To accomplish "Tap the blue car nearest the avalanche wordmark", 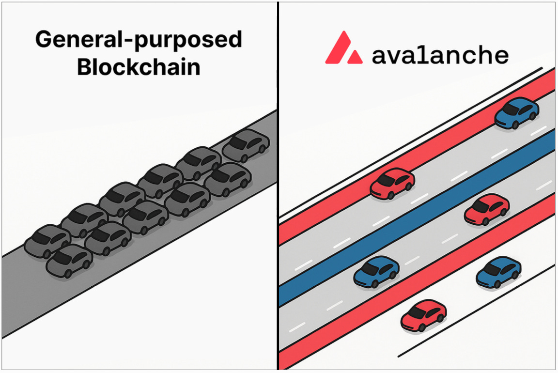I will (516, 114).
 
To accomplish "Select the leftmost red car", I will (392, 184).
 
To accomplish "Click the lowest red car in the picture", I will (423, 315).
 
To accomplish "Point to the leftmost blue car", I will (376, 272).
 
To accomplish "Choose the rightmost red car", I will (486, 209).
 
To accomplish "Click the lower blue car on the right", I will (498, 272).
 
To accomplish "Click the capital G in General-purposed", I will (44, 40).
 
